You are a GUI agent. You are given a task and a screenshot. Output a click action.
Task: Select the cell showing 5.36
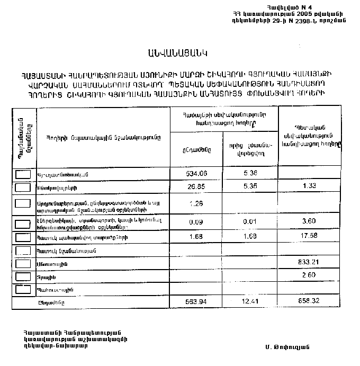(x=250, y=174)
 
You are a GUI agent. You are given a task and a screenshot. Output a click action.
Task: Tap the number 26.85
(x=196, y=187)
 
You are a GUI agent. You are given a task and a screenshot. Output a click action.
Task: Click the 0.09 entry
(x=196, y=222)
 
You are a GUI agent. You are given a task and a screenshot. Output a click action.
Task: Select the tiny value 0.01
(x=250, y=222)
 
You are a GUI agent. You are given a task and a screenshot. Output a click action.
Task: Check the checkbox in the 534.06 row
(x=23, y=174)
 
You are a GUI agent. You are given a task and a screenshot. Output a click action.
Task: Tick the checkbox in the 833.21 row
(x=23, y=263)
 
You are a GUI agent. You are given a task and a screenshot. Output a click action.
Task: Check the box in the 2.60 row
(x=23, y=276)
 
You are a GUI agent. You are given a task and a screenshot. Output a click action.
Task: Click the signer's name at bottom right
(x=287, y=346)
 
